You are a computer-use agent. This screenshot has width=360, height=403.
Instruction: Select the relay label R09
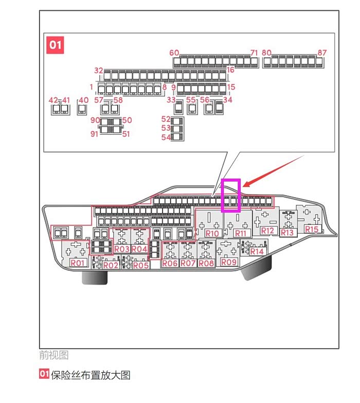(x=229, y=262)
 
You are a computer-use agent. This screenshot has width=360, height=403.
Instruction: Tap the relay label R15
(x=312, y=230)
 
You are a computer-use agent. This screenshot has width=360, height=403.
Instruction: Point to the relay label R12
(x=267, y=231)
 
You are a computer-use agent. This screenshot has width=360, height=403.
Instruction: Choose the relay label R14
(x=257, y=251)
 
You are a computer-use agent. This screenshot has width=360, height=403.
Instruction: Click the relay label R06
(x=170, y=264)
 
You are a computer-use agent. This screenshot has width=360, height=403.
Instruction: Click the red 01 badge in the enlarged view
(x=55, y=45)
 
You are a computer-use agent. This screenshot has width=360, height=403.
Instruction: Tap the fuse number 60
(x=174, y=52)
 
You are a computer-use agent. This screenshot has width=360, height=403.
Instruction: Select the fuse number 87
(x=322, y=52)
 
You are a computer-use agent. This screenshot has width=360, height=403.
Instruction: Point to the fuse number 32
(x=99, y=71)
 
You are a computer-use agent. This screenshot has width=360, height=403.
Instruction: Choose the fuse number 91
(x=94, y=134)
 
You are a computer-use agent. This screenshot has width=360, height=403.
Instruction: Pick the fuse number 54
(x=166, y=137)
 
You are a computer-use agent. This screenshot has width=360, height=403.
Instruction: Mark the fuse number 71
(x=254, y=52)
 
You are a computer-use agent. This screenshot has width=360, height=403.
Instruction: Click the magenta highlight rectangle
(x=231, y=195)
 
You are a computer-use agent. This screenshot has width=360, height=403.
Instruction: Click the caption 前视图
(x=53, y=355)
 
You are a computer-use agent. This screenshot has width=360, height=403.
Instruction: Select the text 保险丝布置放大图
(x=91, y=375)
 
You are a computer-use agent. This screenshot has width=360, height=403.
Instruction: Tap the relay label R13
(x=287, y=233)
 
